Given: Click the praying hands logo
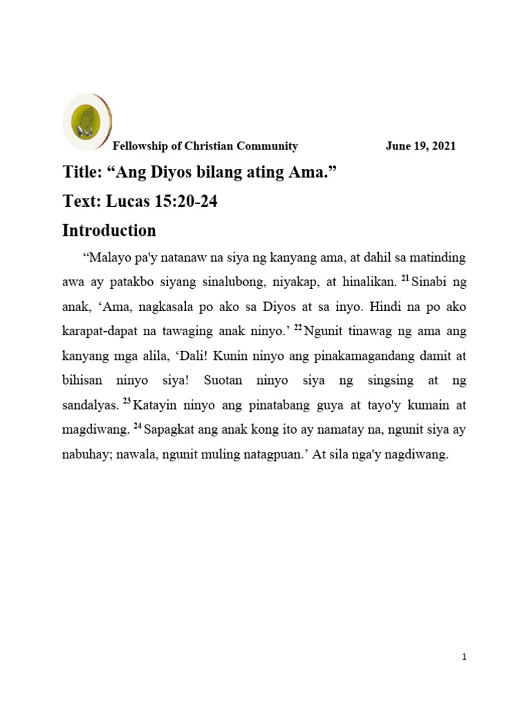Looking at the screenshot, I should click(87, 122).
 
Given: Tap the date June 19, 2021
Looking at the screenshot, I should click(420, 146).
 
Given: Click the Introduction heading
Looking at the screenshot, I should click(109, 230).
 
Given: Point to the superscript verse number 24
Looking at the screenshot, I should click(138, 426).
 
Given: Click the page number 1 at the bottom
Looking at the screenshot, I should click(465, 658).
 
